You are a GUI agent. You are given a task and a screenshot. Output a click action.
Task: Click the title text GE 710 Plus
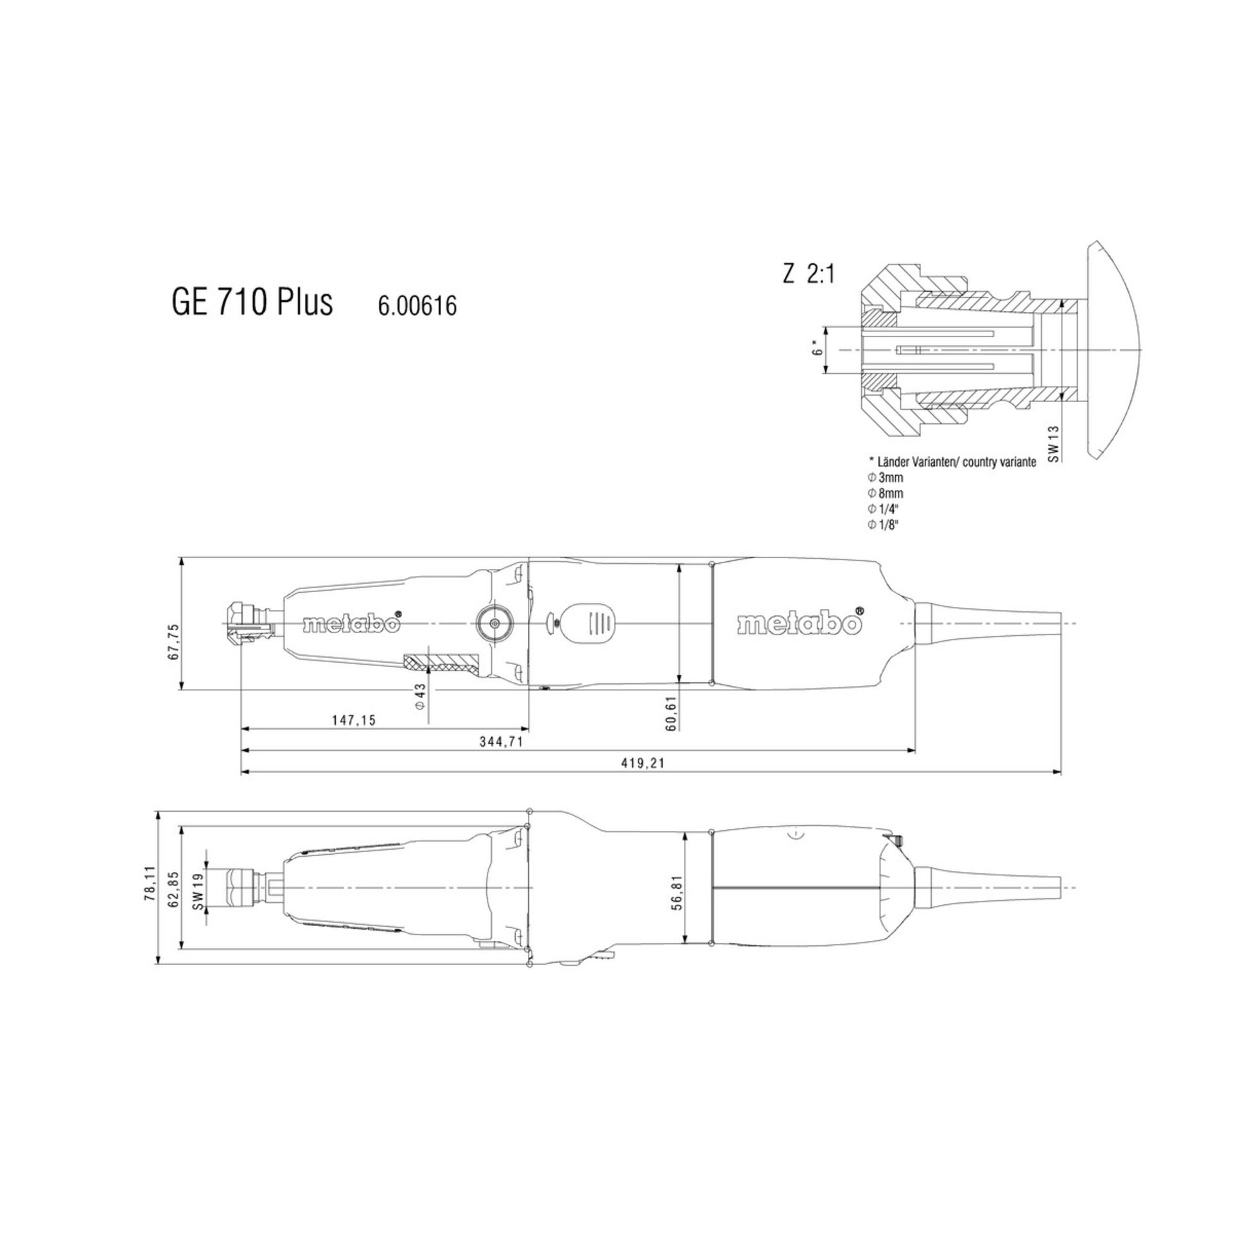point(252,302)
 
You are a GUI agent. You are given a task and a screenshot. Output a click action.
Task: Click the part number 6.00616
point(417,306)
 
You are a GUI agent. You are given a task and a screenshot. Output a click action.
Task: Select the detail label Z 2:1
point(808,274)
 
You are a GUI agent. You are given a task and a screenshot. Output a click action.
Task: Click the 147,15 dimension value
point(354,721)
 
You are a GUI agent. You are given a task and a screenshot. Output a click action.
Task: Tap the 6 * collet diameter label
point(817,351)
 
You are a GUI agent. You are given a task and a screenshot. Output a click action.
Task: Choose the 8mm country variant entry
point(886,493)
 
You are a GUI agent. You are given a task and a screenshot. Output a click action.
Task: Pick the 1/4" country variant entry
point(884,509)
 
